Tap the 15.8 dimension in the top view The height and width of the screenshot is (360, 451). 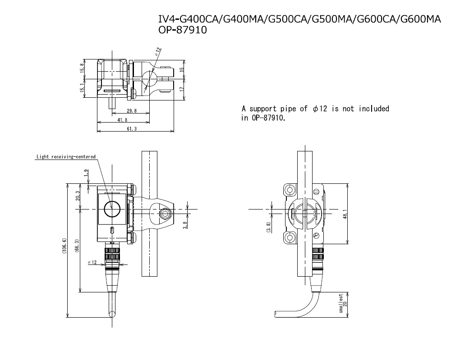[x=82, y=69]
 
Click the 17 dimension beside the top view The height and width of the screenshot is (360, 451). [x=182, y=89]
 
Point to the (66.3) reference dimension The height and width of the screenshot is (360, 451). [x=77, y=251]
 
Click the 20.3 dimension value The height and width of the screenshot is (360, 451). [x=77, y=196]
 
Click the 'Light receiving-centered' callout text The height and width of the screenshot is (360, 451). [x=66, y=157]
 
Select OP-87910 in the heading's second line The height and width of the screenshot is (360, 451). [x=183, y=31]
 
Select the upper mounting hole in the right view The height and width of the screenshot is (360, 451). [x=290, y=190]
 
